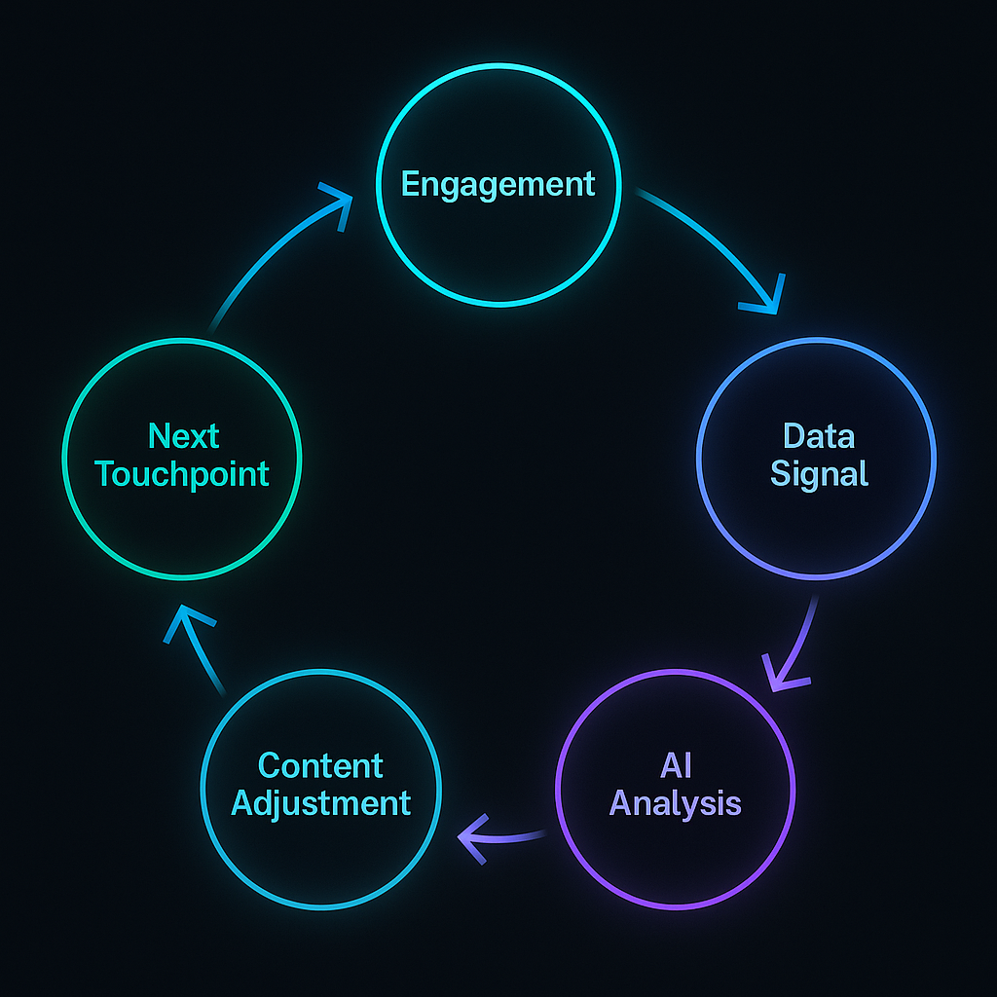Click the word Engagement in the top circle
[498, 184]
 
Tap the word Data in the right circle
[818, 436]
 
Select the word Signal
[818, 474]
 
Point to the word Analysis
[676, 804]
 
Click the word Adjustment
[320, 804]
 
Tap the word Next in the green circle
[183, 436]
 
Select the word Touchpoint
[183, 474]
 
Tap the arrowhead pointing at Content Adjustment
[473, 836]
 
